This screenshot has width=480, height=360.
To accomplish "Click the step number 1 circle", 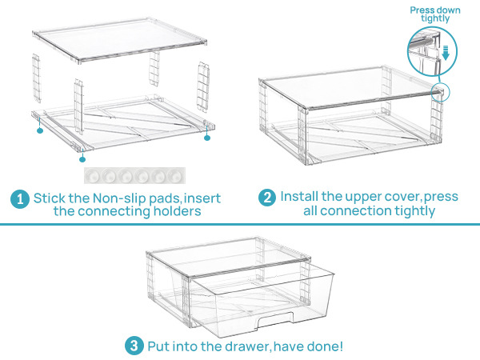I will [x=19, y=198].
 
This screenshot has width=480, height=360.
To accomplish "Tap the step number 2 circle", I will [x=267, y=198].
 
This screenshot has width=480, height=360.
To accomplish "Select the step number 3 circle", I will [x=134, y=346].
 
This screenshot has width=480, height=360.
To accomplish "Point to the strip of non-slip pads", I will [x=134, y=174].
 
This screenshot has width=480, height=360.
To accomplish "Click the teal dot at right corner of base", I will [x=206, y=138].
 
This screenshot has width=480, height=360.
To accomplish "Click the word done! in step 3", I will [x=328, y=346].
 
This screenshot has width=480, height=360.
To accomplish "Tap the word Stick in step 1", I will [x=48, y=198].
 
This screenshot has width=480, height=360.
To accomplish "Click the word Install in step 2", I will [x=301, y=197].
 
